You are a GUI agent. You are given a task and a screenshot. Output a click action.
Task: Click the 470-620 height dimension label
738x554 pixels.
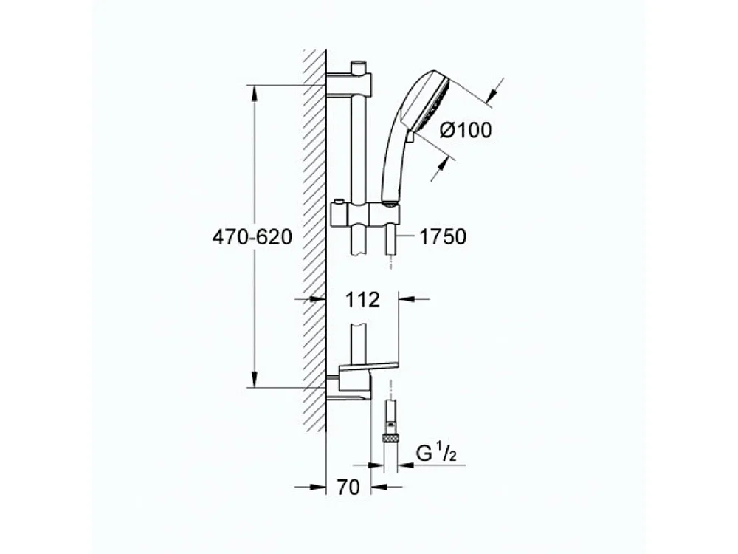click(x=252, y=237)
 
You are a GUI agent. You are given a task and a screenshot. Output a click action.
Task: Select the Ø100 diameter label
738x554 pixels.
click(x=465, y=131)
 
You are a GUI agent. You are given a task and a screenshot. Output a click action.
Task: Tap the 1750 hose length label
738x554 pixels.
click(x=443, y=237)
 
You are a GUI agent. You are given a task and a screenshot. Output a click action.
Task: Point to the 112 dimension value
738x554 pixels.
click(x=362, y=300)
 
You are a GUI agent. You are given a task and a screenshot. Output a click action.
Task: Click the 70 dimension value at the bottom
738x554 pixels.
click(x=349, y=487)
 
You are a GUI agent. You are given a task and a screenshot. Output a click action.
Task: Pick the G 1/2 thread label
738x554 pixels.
click(x=436, y=452)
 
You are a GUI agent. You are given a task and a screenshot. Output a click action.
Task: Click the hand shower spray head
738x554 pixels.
click(x=428, y=100)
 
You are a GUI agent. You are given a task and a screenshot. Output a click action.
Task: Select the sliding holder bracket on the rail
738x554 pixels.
click(x=367, y=215)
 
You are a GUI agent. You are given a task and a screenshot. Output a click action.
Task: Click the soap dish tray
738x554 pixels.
click(x=369, y=366)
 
